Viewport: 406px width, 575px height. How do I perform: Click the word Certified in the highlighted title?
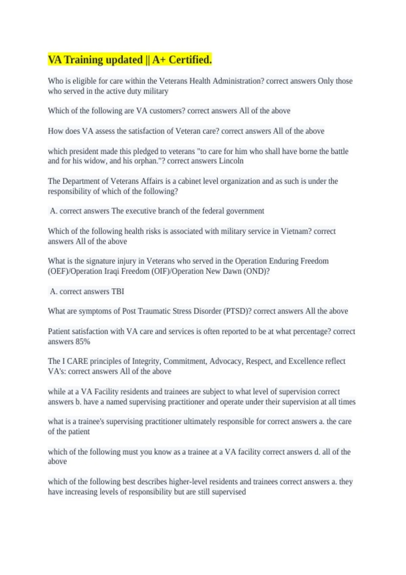point(190,60)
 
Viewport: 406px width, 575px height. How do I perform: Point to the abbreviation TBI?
point(118,292)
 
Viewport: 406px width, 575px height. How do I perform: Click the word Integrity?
point(146,361)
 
